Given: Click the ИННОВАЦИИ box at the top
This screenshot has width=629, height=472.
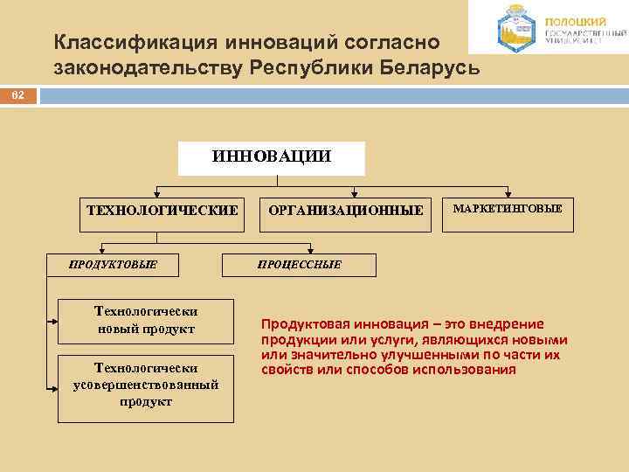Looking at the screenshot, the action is click(272, 158).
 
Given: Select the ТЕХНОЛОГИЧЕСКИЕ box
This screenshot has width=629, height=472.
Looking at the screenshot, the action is click(162, 211).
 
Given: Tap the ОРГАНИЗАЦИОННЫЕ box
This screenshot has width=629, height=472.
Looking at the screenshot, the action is click(346, 211).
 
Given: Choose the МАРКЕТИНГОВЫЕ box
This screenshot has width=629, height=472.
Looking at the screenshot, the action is click(507, 210).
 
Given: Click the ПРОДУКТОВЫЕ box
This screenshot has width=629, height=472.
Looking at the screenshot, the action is click(114, 263).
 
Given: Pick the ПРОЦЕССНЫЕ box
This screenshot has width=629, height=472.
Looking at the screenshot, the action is click(300, 263).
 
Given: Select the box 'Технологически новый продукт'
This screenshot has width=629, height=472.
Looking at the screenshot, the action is click(146, 319).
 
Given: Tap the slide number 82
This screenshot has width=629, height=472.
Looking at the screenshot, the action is click(17, 95).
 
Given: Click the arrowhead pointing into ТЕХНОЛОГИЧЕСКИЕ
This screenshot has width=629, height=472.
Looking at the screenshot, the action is click(157, 194).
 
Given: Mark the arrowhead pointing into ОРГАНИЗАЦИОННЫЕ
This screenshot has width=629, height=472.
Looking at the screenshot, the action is click(355, 194).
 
